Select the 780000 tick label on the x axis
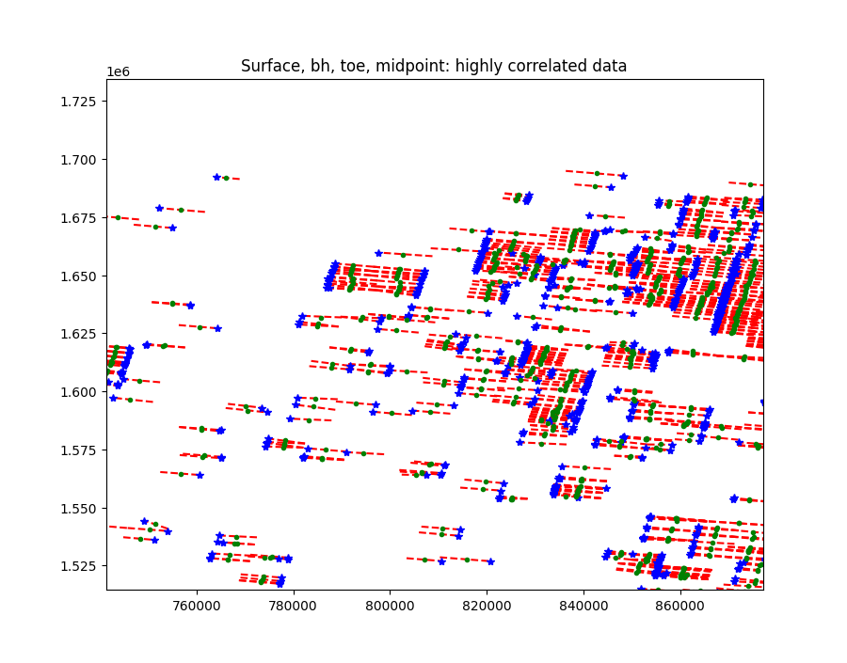pos(294,608)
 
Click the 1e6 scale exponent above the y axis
pos(118,72)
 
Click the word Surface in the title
pos(268,66)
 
